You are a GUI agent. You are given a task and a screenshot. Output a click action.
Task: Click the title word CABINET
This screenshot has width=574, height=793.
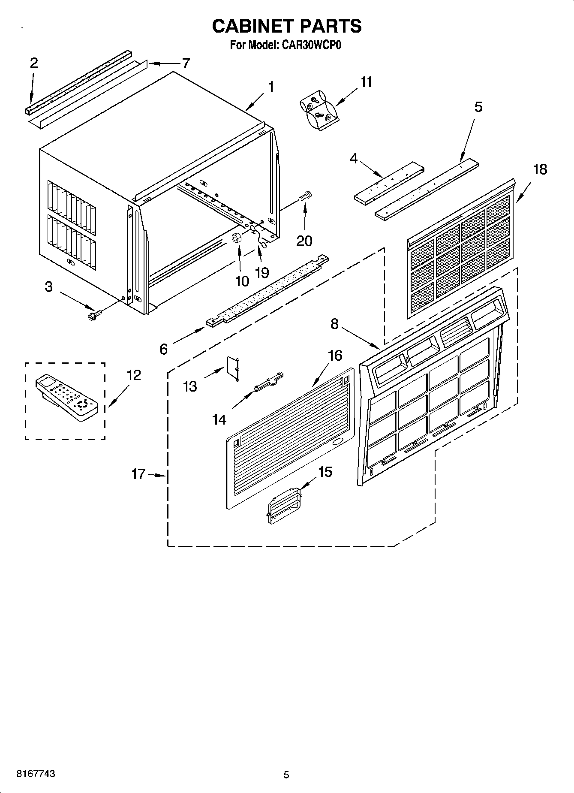click(252, 27)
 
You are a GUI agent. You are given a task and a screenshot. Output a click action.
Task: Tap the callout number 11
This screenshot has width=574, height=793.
click(366, 82)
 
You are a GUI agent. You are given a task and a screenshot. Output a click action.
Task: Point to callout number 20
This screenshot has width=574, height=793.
click(304, 241)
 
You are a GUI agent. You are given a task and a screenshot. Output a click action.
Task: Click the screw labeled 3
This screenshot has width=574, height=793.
click(93, 316)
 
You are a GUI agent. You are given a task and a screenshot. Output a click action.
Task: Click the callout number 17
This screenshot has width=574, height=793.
click(138, 474)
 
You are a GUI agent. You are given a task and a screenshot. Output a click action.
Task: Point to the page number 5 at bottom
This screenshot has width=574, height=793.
click(286, 775)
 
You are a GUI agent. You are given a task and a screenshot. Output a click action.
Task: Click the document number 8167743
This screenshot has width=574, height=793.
click(36, 774)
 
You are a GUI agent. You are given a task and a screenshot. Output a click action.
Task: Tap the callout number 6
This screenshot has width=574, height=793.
click(163, 349)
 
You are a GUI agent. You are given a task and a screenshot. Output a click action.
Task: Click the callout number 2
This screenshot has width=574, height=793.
click(34, 63)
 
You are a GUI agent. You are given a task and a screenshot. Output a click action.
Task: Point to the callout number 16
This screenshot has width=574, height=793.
click(335, 355)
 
